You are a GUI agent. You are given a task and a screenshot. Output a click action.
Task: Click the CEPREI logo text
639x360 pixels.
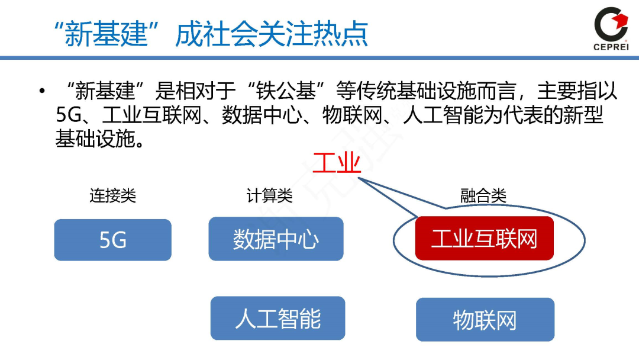[610, 46]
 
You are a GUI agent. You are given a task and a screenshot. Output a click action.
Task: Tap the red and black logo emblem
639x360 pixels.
[610, 23]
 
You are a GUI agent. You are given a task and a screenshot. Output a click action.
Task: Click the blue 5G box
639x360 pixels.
[112, 240]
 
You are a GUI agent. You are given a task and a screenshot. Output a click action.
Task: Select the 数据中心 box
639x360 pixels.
[276, 239]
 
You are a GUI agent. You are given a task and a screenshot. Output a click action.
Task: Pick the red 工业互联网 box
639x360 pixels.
[484, 239]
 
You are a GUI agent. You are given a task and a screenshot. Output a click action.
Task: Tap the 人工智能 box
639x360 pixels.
[277, 319]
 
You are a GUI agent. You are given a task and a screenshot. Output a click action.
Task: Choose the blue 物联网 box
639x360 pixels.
[485, 320]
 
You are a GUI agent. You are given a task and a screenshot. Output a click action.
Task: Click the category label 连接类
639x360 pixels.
[112, 195]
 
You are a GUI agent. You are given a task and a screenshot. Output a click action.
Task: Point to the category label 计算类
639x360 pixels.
[269, 195]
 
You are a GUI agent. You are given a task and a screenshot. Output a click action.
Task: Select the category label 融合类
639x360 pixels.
[483, 195]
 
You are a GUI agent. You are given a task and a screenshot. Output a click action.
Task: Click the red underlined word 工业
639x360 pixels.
[337, 162]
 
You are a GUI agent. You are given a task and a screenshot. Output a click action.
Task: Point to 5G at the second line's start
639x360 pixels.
[67, 115]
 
